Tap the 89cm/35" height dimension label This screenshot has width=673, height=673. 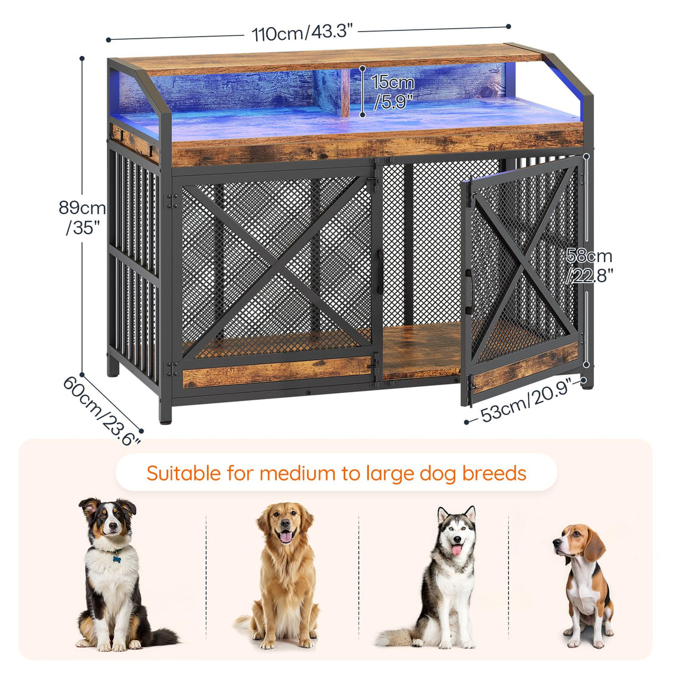point(82,217)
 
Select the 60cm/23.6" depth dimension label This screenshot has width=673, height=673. point(101,411)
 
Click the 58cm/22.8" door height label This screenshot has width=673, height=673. point(589,265)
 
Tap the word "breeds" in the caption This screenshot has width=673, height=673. point(494,473)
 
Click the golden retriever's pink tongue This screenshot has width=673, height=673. point(286,536)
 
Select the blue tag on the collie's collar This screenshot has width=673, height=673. point(116,558)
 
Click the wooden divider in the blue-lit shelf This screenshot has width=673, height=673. point(345,93)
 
